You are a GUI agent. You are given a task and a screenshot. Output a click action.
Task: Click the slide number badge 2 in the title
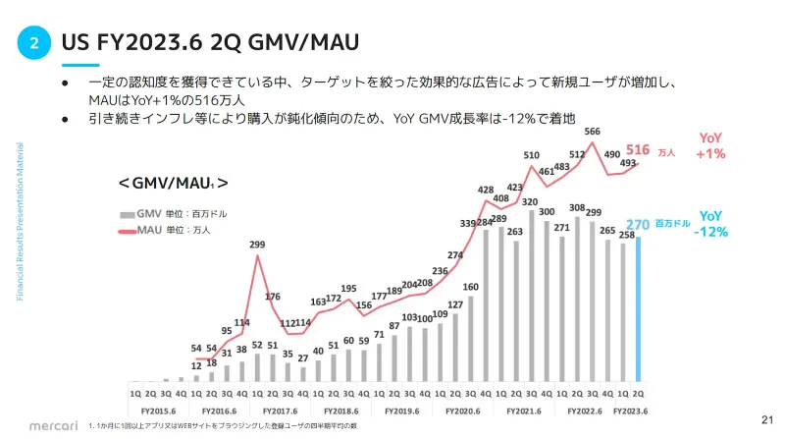pos(34,42)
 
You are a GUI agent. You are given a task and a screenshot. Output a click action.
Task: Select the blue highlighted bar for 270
pos(639,307)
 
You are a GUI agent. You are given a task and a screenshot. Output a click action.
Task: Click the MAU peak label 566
pos(593,132)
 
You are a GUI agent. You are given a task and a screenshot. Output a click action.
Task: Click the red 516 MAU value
pos(638,149)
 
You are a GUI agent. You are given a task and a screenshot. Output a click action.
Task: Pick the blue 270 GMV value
pos(639,223)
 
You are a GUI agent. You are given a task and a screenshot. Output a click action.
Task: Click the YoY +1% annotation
pos(710,146)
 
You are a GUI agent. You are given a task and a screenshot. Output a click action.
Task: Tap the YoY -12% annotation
pos(712,223)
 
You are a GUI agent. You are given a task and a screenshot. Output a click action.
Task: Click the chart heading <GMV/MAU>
pos(174,183)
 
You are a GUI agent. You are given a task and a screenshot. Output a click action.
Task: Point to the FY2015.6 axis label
pos(158,412)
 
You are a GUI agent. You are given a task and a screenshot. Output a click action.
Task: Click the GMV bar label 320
pos(530,202)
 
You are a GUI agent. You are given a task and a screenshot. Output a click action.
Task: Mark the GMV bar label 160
pos(470,288)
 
